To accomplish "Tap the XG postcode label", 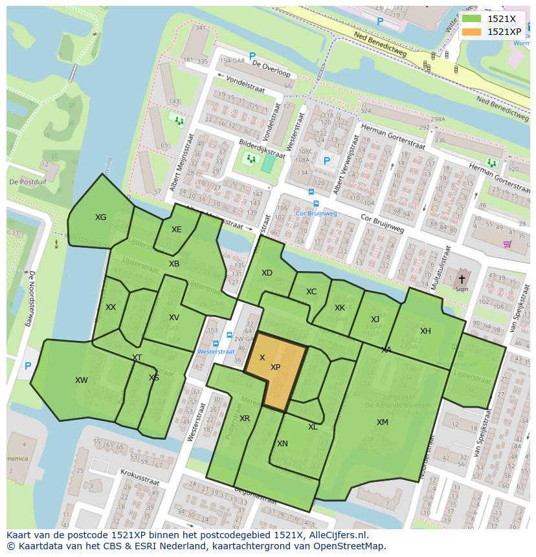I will pyautogui.click(x=100, y=217).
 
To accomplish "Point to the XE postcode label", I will pyautogui.click(x=176, y=230).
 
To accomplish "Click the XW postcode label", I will pyautogui.click(x=82, y=380).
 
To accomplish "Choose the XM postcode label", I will pyautogui.click(x=383, y=422).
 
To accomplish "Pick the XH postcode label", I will pyautogui.click(x=425, y=331).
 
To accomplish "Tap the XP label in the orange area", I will pyautogui.click(x=275, y=367).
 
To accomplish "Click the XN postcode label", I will pyautogui.click(x=282, y=444).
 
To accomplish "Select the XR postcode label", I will pyautogui.click(x=245, y=419).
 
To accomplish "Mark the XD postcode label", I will pyautogui.click(x=267, y=273).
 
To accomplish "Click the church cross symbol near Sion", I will pyautogui.click(x=462, y=279).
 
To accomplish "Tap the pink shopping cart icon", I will pyautogui.click(x=508, y=244).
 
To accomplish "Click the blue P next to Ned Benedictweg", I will pyautogui.click(x=380, y=21).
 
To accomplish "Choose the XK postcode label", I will pyautogui.click(x=340, y=308).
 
